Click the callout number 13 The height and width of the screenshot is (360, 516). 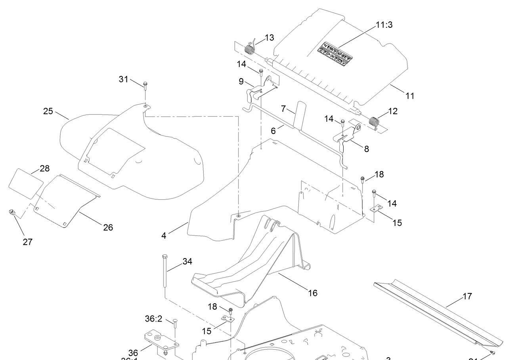click(x=269, y=38)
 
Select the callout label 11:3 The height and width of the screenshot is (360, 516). click(x=384, y=25)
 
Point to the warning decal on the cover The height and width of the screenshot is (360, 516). click(x=335, y=54)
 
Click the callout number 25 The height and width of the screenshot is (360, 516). click(x=48, y=111)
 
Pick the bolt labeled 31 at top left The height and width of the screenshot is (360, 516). click(x=145, y=85)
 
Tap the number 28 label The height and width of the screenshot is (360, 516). click(x=45, y=169)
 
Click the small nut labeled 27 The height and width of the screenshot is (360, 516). click(x=12, y=213)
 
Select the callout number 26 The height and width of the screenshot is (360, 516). click(x=108, y=228)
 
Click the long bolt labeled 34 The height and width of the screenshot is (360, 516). click(x=164, y=274)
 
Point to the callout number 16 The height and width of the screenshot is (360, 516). click(x=313, y=293)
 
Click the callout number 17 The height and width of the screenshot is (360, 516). click(x=467, y=296)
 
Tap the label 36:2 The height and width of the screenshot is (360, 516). click(x=154, y=319)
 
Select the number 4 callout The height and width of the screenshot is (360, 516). click(x=164, y=236)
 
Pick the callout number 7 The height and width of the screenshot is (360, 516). click(x=283, y=109)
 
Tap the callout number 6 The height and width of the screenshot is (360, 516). click(x=273, y=131)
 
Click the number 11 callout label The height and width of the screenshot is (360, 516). click(x=410, y=96)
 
